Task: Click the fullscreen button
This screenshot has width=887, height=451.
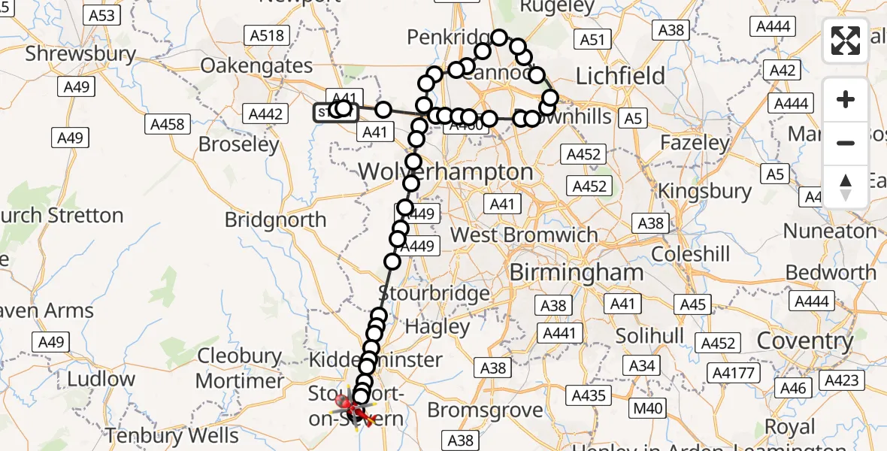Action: (846, 40)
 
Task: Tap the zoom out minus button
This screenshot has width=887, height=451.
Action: (846, 143)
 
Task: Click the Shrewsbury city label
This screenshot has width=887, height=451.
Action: (80, 54)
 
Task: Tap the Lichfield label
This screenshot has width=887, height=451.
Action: (620, 76)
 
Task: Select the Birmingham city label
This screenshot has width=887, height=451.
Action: (576, 272)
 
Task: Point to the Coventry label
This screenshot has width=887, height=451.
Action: (804, 341)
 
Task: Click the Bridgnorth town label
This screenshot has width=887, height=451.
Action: (276, 220)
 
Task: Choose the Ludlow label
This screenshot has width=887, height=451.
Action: (101, 379)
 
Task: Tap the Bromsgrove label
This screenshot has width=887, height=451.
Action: (485, 410)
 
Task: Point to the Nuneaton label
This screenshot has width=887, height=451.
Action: (830, 231)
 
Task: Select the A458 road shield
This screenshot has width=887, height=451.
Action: (167, 124)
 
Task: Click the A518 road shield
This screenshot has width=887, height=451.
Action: (266, 35)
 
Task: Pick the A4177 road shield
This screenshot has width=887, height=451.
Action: (733, 373)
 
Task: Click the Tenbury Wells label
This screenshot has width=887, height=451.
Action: (171, 435)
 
